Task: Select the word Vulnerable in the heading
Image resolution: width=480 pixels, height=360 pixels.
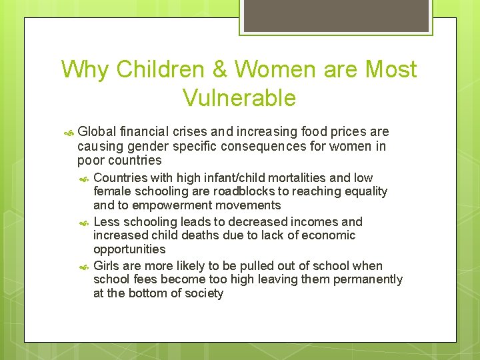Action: point(239,98)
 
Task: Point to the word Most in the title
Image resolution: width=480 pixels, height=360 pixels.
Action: point(392,70)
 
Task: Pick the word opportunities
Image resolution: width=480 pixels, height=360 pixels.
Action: point(129,249)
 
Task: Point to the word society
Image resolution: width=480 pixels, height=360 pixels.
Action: point(204,293)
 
